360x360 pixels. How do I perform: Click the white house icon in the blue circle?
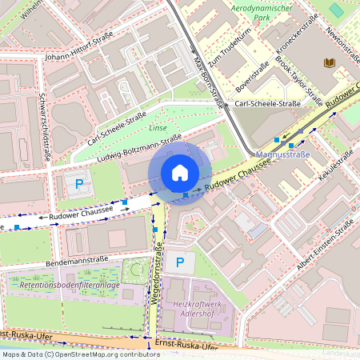[180, 173]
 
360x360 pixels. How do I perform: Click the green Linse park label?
[158, 127]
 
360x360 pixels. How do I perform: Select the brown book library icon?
[329, 62]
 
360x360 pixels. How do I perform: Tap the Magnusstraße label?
[283, 154]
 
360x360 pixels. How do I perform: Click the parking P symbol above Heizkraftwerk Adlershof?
[180, 262]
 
